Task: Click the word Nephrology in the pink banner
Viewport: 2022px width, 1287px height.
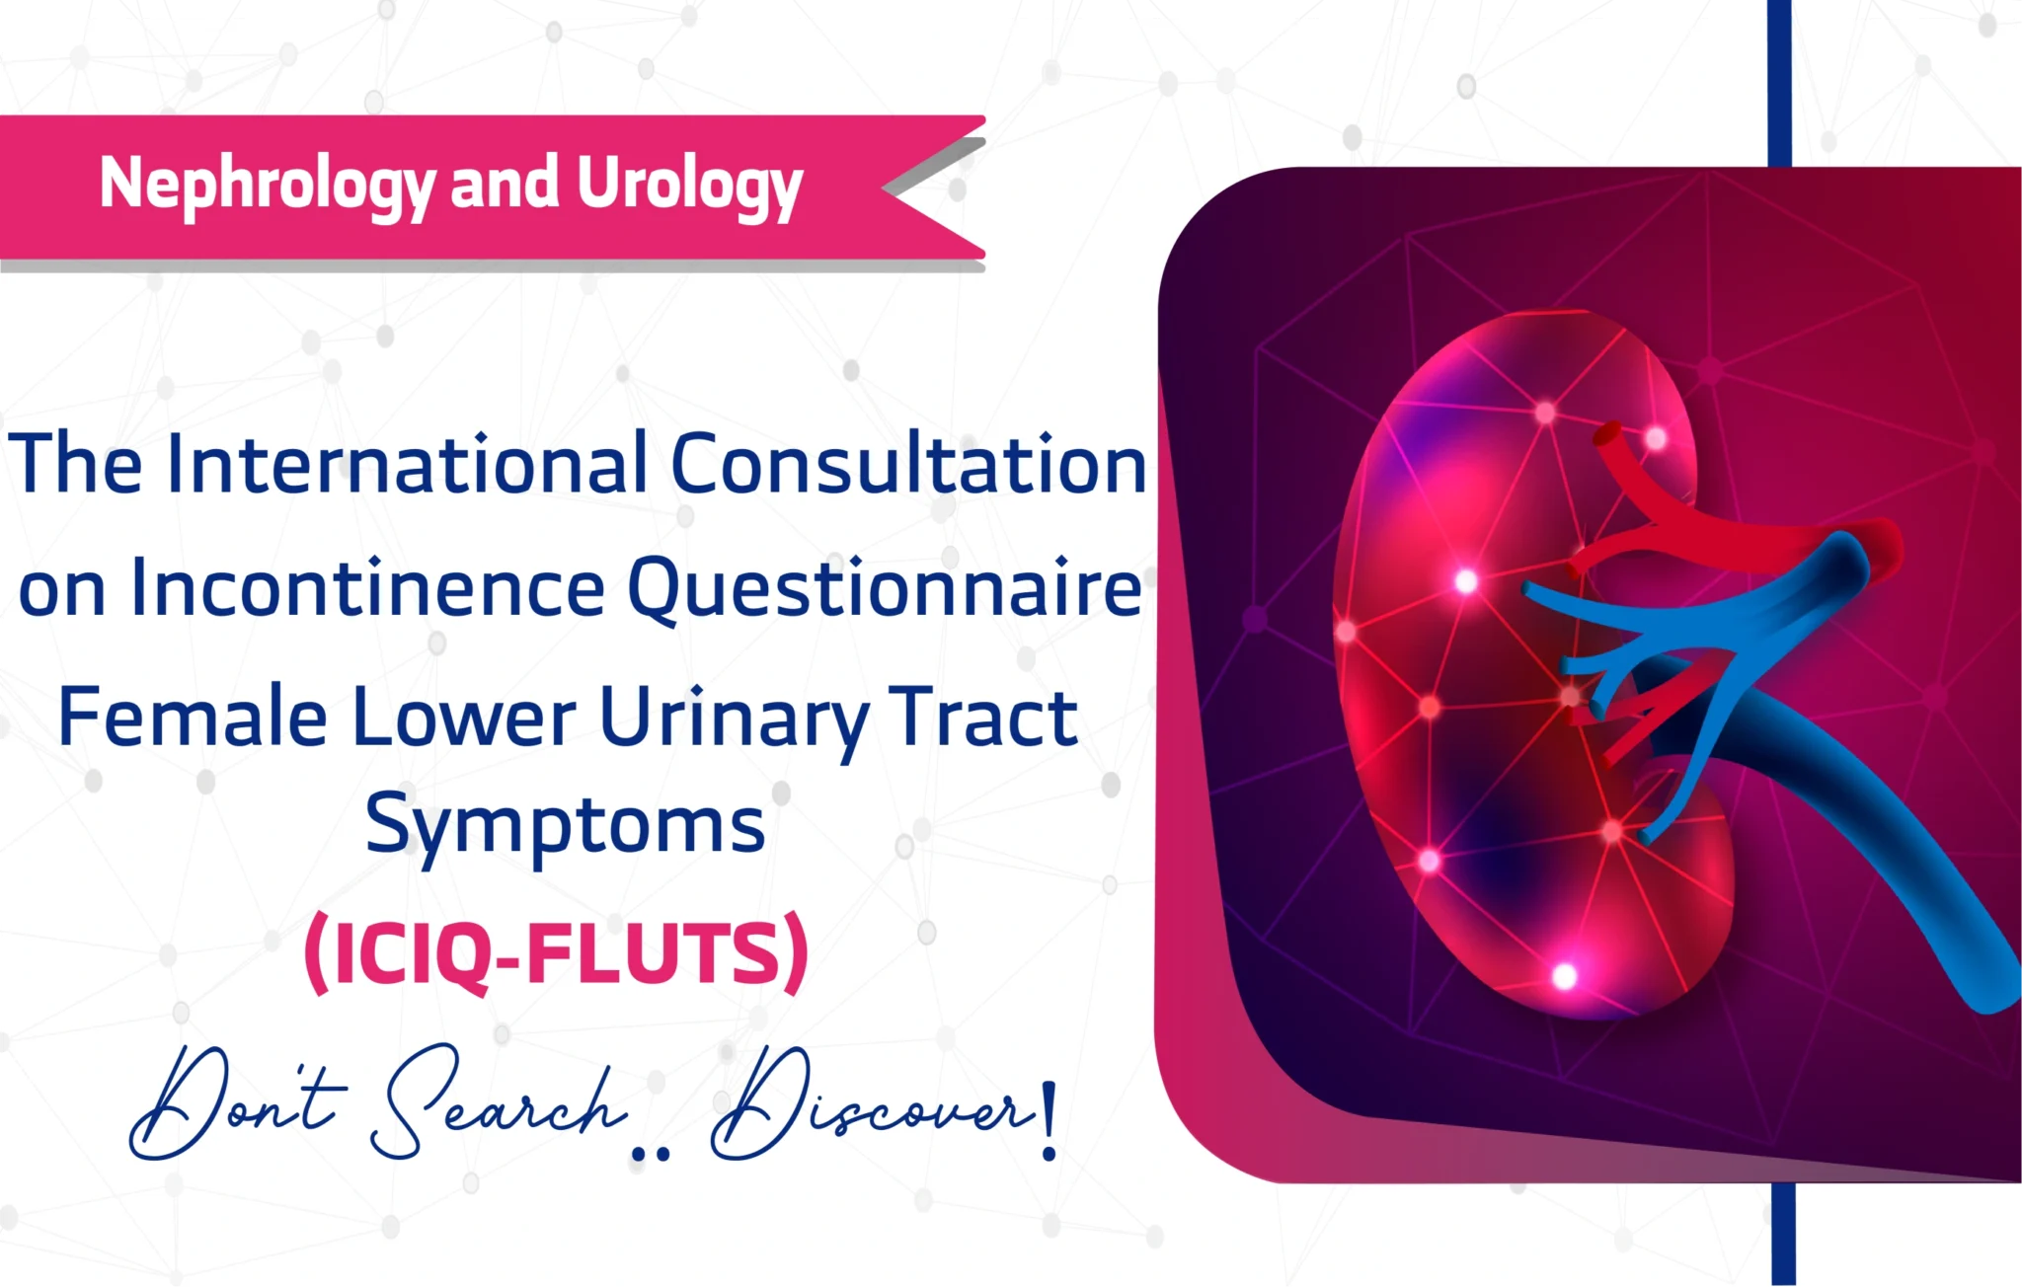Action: (x=267, y=186)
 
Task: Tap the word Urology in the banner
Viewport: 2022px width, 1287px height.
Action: (x=689, y=186)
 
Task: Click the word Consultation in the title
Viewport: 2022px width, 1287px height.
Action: (x=908, y=464)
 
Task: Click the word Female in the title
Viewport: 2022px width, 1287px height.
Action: (x=193, y=718)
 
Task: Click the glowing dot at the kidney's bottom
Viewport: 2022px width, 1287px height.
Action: (x=1564, y=977)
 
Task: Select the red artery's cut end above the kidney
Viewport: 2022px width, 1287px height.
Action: (x=1609, y=435)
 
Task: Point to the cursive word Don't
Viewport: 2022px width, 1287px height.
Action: (x=237, y=1105)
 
